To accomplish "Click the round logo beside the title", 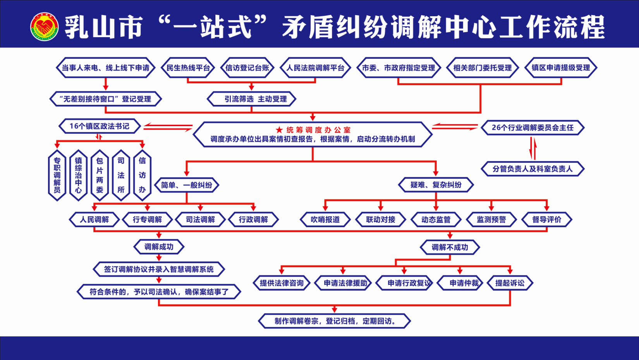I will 45,27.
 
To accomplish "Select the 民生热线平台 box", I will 188,68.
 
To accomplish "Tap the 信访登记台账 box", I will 247,68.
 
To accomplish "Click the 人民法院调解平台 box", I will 315,68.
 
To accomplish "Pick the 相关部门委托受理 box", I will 482,68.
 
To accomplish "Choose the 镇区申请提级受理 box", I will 561,68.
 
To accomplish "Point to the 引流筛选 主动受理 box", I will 252,99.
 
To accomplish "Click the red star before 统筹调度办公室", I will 279,130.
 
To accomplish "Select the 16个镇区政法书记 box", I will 99,126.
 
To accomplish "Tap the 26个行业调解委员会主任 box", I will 532,128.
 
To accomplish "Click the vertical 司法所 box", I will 121,175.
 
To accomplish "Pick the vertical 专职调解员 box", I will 57,175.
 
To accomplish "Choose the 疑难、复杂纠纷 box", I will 436,185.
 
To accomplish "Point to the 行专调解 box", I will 147,219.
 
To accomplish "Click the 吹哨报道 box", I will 325,219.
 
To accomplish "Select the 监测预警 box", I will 491,219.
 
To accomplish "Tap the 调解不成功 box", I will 450,247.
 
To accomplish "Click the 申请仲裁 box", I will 460,283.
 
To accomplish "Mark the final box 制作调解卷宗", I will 334,321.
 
